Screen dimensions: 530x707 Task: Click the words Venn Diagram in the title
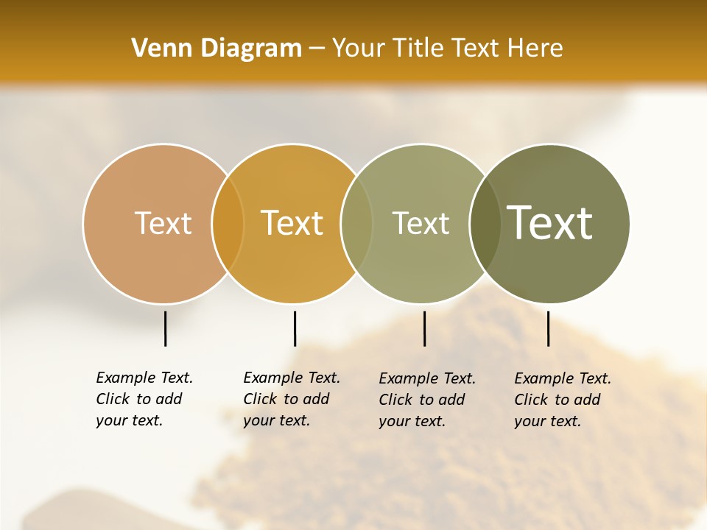217,49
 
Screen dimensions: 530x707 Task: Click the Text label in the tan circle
163,223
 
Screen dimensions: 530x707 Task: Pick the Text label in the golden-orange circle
292,223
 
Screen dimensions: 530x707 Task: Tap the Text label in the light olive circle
421,223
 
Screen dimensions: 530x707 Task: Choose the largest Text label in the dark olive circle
550,223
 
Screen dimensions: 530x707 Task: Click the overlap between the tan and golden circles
228,224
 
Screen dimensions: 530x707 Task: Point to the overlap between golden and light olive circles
356,224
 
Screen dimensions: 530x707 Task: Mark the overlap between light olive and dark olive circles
485,224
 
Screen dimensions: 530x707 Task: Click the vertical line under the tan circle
165,328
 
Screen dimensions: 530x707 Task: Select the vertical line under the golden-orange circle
295,328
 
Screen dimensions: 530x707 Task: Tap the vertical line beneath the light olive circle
424,328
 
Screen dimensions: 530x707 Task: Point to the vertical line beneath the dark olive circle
548,328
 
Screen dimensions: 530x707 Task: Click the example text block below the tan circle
144,399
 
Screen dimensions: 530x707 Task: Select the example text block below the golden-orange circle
292,399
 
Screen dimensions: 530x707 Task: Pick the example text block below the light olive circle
427,400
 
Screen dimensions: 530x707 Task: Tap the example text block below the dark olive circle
563,400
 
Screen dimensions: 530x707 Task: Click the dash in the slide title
317,49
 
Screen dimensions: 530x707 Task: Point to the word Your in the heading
359,49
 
